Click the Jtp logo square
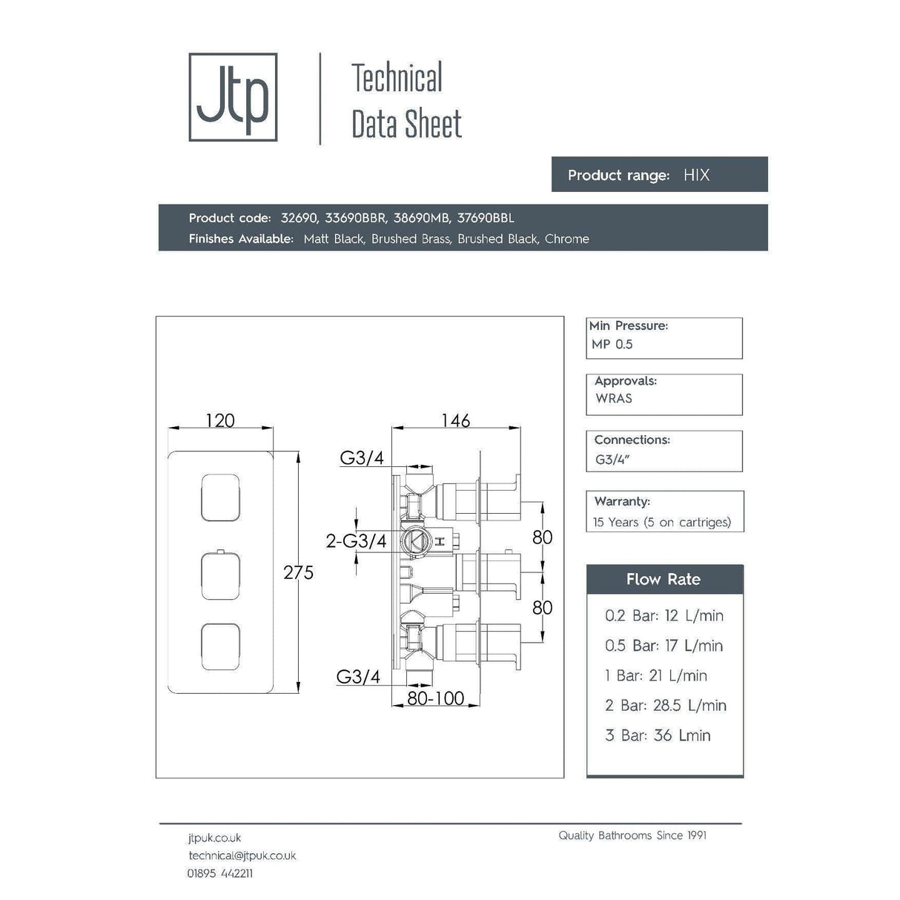[233, 97]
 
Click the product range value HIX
[696, 175]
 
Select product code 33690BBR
[355, 218]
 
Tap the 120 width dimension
[220, 420]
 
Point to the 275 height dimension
[298, 572]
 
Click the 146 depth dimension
[455, 420]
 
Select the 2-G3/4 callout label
[356, 541]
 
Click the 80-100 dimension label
[436, 698]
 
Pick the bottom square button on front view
[220, 646]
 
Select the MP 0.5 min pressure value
[612, 344]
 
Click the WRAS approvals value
[614, 398]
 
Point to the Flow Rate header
[664, 579]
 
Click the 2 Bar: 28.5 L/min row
[665, 705]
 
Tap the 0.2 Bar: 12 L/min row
[664, 615]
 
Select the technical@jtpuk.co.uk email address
[242, 856]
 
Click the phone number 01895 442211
[220, 873]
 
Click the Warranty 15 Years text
[662, 522]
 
